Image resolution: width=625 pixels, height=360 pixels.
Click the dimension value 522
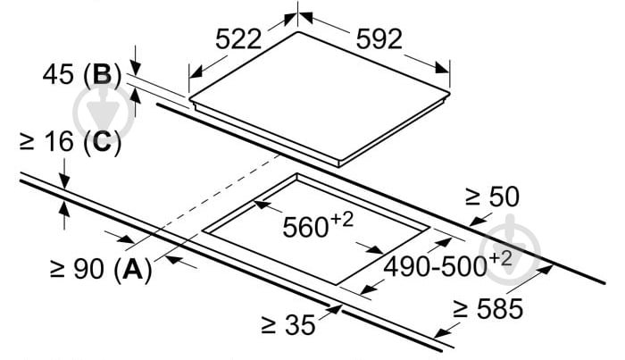pyautogui.click(x=238, y=39)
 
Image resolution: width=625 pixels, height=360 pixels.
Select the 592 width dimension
pyautogui.click(x=379, y=39)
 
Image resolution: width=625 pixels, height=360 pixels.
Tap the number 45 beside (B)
pyautogui.click(x=58, y=74)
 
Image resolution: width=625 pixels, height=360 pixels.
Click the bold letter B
pyautogui.click(x=103, y=74)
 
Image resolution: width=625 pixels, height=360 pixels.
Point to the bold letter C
pyautogui.click(x=103, y=141)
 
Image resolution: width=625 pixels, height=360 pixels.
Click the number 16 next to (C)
pyautogui.click(x=59, y=141)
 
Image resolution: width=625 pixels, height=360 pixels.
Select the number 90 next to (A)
pyautogui.click(x=89, y=268)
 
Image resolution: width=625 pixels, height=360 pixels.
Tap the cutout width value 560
pyautogui.click(x=305, y=227)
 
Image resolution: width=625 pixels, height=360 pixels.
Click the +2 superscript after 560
pyautogui.click(x=342, y=219)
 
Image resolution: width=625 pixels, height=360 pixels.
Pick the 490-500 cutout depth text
pyautogui.click(x=436, y=266)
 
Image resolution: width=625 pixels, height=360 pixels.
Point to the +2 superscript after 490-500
pyautogui.click(x=500, y=258)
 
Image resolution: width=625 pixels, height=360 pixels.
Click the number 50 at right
pyautogui.click(x=504, y=197)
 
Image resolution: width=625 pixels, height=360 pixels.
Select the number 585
pyautogui.click(x=500, y=308)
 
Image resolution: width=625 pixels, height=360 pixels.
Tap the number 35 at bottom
pyautogui.click(x=300, y=324)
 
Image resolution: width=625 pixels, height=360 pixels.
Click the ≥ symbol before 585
pyautogui.click(x=461, y=309)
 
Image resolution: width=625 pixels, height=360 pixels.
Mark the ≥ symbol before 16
pyautogui.click(x=27, y=142)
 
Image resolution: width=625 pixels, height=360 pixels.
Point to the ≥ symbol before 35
pyautogui.click(x=269, y=325)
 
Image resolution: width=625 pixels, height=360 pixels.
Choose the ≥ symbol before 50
pyautogui.click(x=473, y=197)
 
